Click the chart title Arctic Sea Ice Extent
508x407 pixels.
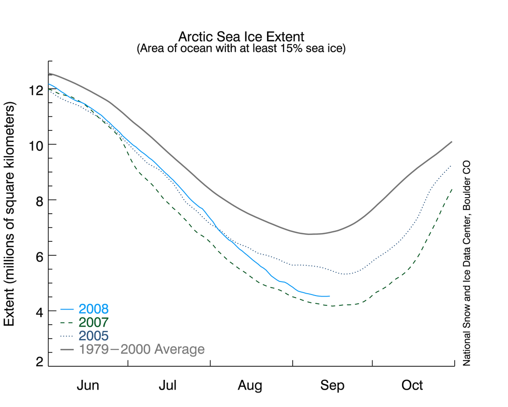pos(241,37)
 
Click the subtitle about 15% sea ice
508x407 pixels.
pos(241,48)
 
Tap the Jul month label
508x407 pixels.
pos(168,386)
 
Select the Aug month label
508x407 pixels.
pos(250,386)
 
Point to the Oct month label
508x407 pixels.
pos(412,386)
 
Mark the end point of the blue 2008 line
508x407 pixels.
pos(329,296)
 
